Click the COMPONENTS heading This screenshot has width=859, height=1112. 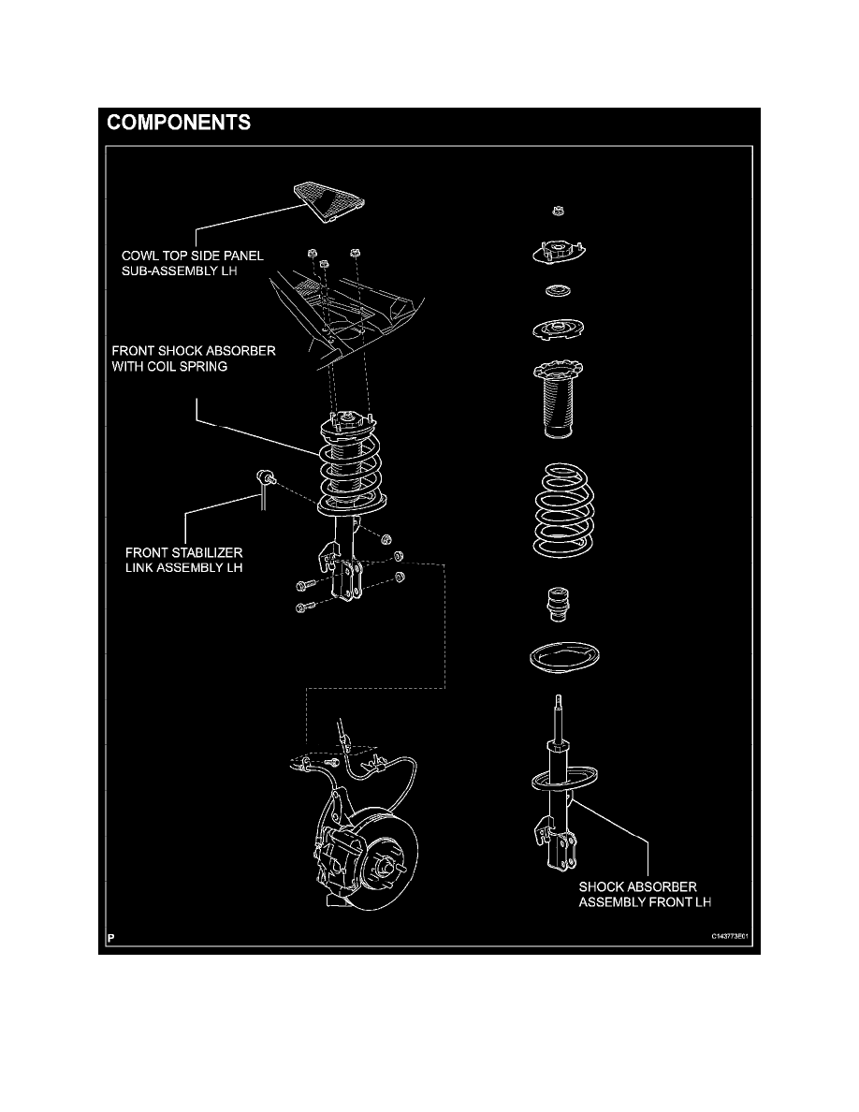tap(178, 123)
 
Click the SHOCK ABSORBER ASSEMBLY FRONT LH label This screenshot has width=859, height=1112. tap(637, 894)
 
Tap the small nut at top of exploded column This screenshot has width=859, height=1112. tap(558, 212)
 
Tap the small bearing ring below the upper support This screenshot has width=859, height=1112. tap(559, 290)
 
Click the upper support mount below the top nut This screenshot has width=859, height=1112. tap(558, 253)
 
